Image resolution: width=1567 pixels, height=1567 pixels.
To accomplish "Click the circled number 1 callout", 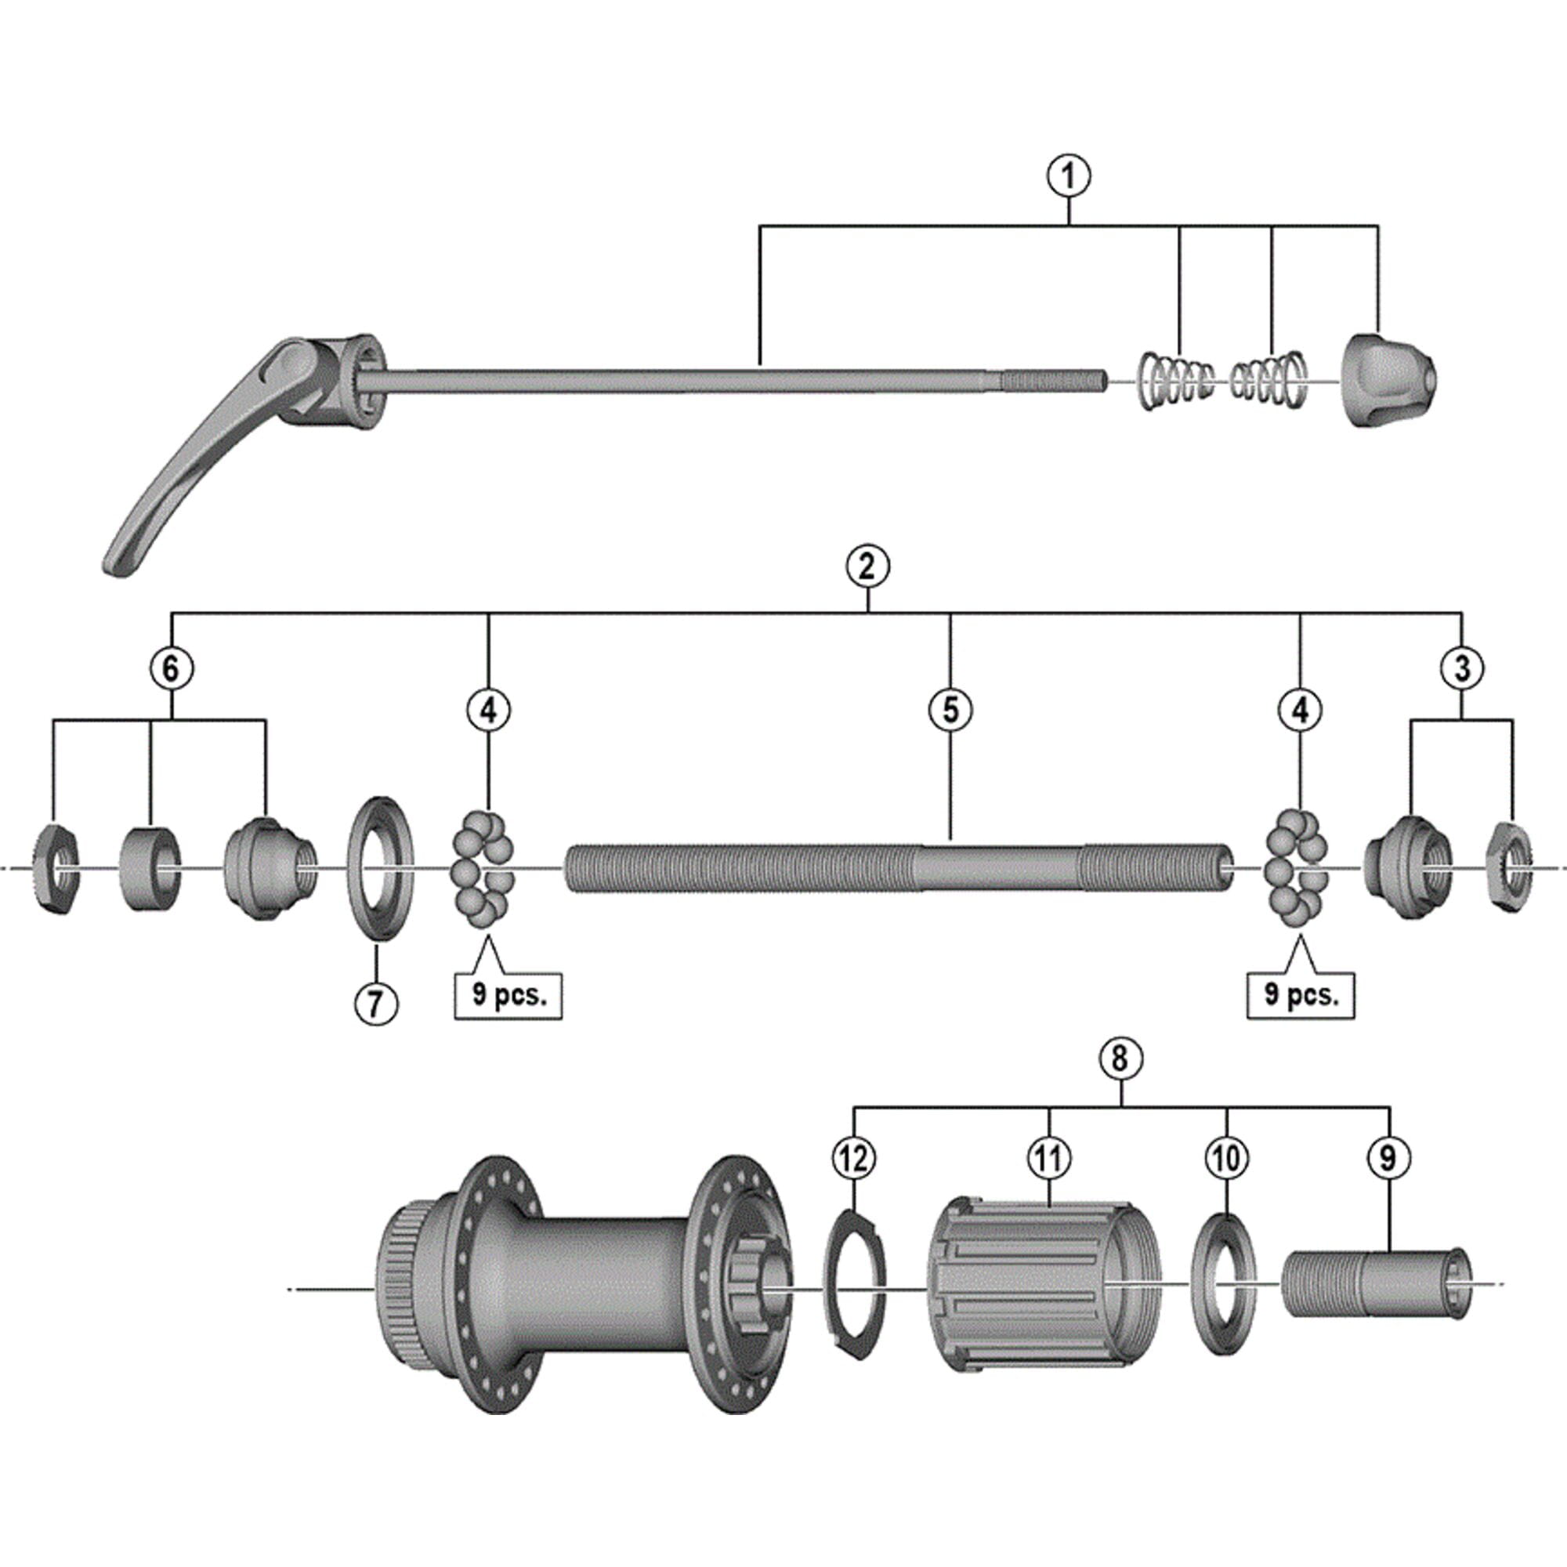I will pos(1068,176).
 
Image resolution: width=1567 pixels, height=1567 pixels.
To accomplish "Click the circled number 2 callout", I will pos(867,566).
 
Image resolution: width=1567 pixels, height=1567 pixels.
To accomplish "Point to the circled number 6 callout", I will pos(171,669).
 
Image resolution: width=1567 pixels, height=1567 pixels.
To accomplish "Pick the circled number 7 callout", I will pos(376,1004).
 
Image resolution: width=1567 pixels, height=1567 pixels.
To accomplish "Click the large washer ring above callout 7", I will pos(379,868).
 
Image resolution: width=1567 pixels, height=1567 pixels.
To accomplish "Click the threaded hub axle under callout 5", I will pos(892,869).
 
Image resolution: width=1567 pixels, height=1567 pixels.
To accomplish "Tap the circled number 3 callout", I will pos(1461,669).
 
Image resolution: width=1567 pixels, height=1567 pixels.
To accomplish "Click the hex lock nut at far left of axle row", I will pos(56,869).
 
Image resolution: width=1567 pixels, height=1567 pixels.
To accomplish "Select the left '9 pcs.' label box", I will pos(508,994).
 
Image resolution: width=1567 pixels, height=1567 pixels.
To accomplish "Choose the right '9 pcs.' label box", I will pos(1300,994).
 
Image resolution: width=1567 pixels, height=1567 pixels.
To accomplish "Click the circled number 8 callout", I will pos(1120,1058).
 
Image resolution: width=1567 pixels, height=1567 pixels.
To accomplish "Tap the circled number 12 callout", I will pos(854,1158).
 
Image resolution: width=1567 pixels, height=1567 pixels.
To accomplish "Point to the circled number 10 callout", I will pos(1225,1158).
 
